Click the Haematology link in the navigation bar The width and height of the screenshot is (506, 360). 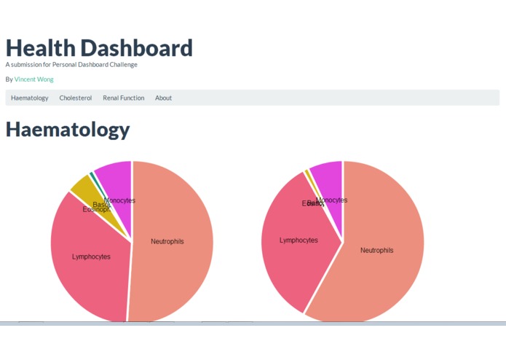pyautogui.click(x=30, y=98)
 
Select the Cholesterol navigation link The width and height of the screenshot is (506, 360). pyautogui.click(x=76, y=98)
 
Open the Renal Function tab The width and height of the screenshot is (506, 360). pyautogui.click(x=123, y=98)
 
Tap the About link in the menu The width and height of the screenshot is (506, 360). pyautogui.click(x=163, y=98)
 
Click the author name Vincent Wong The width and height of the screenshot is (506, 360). pyautogui.click(x=33, y=79)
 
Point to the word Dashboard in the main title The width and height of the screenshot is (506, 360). pyautogui.click(x=136, y=48)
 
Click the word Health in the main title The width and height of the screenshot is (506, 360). pyautogui.click(x=40, y=48)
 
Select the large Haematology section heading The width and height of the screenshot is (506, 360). pyautogui.click(x=68, y=130)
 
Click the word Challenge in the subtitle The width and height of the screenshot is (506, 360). pyautogui.click(x=121, y=65)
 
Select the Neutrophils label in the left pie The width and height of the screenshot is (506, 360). pyautogui.click(x=167, y=241)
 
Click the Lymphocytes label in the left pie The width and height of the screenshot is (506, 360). pyautogui.click(x=91, y=257)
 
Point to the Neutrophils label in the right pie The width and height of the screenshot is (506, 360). pyautogui.click(x=376, y=250)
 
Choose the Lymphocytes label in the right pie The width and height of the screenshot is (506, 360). pyautogui.click(x=299, y=240)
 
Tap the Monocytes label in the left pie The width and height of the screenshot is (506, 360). pyautogui.click(x=120, y=200)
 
